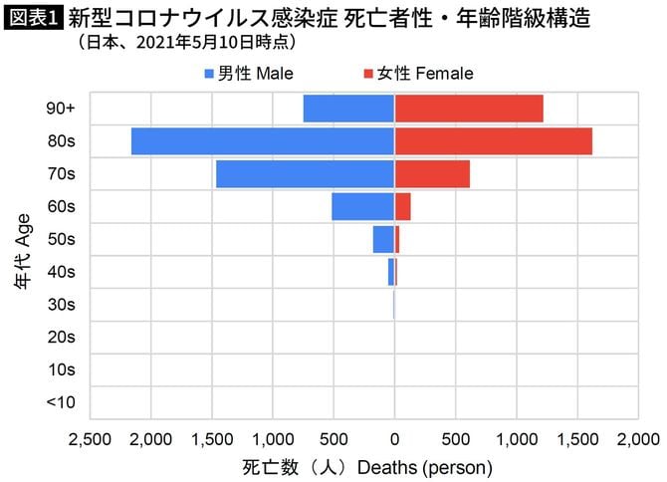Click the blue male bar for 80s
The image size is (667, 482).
click(263, 141)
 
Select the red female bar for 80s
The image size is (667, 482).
click(493, 141)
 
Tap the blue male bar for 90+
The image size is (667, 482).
click(348, 109)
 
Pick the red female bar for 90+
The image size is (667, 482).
click(468, 109)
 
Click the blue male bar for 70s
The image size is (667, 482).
click(305, 174)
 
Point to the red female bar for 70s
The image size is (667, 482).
click(432, 174)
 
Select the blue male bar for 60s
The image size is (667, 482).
click(362, 206)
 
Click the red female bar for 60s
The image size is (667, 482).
click(403, 206)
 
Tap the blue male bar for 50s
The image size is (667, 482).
click(383, 239)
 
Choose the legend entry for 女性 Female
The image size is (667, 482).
click(417, 74)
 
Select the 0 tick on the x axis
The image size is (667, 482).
click(394, 438)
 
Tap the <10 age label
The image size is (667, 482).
click(61, 402)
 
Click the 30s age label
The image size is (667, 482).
click(61, 305)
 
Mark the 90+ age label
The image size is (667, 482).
click(61, 109)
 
